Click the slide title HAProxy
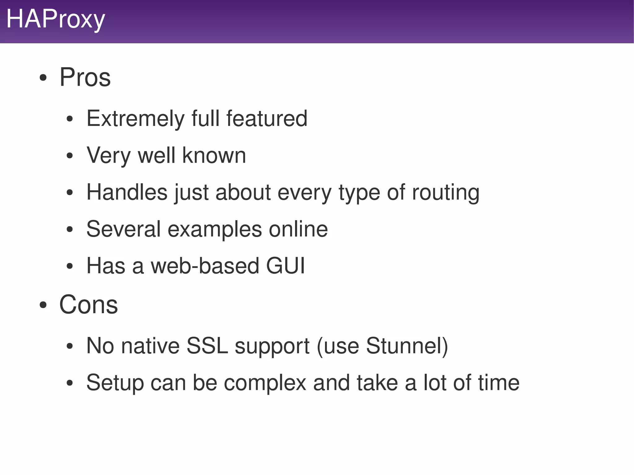coord(56,19)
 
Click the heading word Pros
coord(85,77)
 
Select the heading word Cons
coord(89,304)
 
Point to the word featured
coord(267,119)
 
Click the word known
coord(214,155)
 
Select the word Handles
coord(127,192)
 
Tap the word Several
coord(124,229)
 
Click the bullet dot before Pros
coord(43,78)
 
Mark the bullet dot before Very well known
coord(70,156)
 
